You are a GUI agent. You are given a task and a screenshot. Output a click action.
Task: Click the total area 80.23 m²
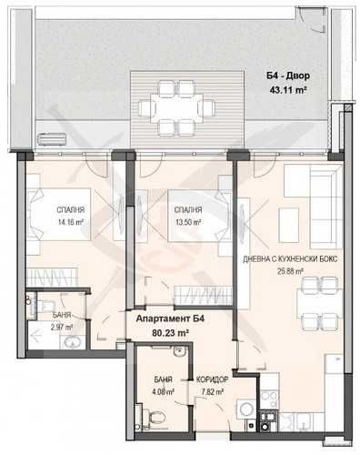169,333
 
